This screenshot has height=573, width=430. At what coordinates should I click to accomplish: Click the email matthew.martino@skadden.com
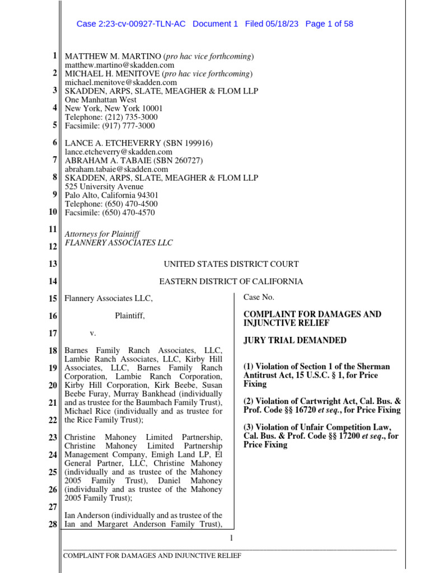(x=120, y=65)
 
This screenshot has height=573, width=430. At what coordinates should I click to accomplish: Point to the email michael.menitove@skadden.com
(x=121, y=82)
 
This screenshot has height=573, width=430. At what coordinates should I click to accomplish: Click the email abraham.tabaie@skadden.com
(x=116, y=169)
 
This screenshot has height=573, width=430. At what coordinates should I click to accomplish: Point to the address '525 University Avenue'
(x=104, y=186)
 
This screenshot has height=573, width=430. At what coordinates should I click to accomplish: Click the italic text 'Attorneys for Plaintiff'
(x=102, y=234)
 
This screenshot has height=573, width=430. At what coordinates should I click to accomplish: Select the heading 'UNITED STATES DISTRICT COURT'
(x=231, y=264)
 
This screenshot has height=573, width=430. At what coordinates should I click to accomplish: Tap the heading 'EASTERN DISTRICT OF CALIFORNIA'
(x=231, y=281)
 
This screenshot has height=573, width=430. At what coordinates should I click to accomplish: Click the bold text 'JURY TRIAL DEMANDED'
(x=295, y=340)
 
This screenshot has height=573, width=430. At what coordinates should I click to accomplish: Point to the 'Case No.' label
(x=259, y=297)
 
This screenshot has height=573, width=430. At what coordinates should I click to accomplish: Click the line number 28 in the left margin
(x=53, y=524)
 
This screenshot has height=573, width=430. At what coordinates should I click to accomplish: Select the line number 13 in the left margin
(x=53, y=264)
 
